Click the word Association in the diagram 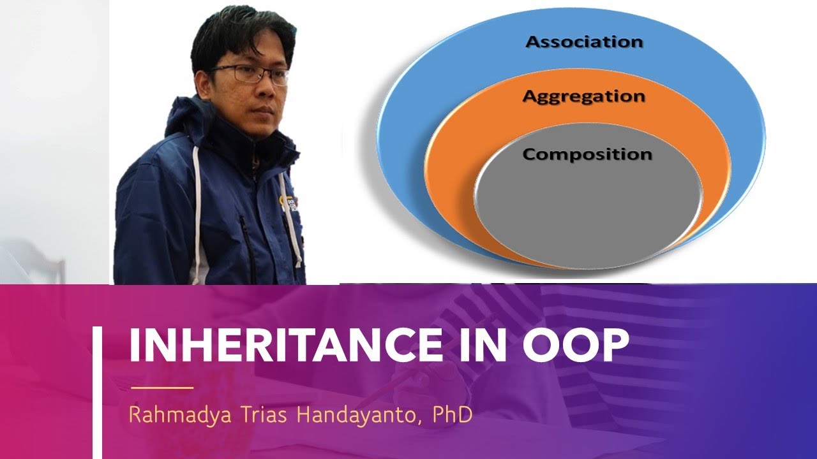[583, 42]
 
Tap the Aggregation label [583, 97]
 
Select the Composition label [587, 154]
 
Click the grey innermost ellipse [587, 204]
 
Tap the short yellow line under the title [161, 387]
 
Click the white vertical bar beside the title [97, 392]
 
